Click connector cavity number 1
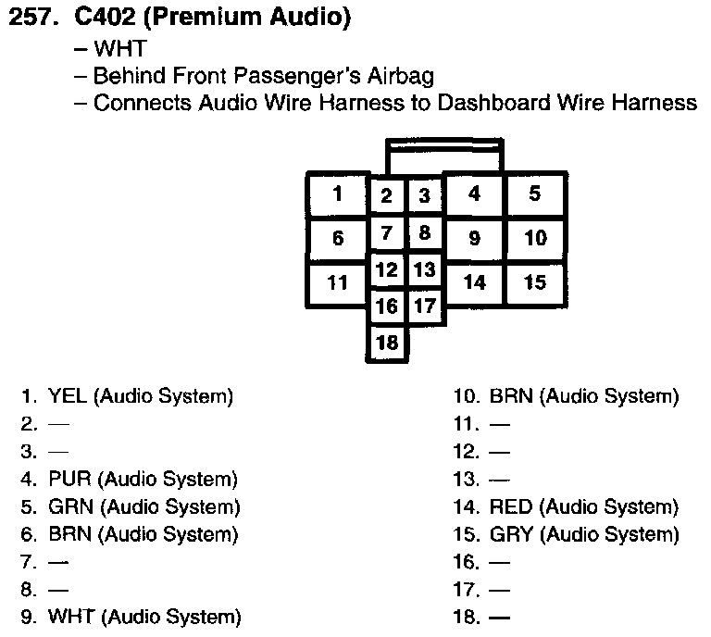coord(338,194)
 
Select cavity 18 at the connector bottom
coord(388,343)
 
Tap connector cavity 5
coord(535,194)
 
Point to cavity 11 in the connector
coord(338,282)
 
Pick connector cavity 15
coord(535,282)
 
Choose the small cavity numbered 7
coord(388,232)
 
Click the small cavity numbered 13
coord(424,270)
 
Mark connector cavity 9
coord(474,239)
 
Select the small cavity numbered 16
coord(388,306)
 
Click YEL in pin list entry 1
coord(68,397)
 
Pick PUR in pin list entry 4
coord(69,480)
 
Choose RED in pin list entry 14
coord(511,507)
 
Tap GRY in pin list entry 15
coord(511,534)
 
